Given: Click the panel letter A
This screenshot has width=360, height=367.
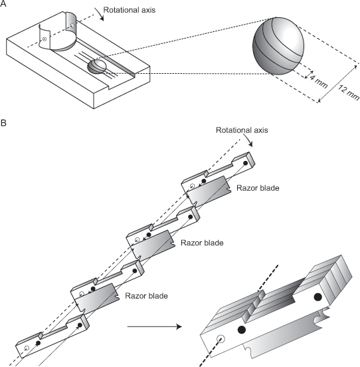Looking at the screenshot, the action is click(3, 3).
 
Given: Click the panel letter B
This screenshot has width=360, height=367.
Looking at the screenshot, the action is click(3, 123).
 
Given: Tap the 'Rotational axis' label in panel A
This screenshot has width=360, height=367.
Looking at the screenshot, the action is click(130, 10).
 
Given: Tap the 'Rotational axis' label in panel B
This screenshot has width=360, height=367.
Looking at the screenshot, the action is click(242, 130).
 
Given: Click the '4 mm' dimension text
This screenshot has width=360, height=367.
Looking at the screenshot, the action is click(318, 81).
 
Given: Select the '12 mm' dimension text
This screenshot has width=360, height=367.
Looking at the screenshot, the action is click(349, 92).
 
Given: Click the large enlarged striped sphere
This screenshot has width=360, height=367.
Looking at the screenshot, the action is click(278, 46).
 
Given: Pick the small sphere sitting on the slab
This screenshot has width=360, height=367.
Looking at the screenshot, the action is click(97, 66).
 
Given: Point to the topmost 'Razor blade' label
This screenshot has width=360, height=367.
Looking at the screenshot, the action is click(258, 188).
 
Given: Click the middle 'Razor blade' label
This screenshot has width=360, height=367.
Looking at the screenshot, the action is click(202, 243).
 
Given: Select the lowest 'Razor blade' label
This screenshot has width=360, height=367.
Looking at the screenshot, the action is click(146, 296).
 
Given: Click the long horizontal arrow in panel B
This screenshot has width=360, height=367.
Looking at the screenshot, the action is click(155, 326).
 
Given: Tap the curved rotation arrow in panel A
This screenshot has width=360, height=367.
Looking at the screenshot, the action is click(100, 14).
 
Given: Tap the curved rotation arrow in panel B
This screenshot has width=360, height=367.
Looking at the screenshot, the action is click(248, 140).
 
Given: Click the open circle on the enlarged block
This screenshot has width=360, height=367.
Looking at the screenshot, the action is click(221, 338).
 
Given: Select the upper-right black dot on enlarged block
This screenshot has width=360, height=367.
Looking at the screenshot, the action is click(317, 297).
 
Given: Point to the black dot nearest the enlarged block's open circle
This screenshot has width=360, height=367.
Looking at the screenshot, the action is click(242, 330).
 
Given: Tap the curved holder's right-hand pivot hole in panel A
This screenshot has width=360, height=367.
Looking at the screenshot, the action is click(72, 25).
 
